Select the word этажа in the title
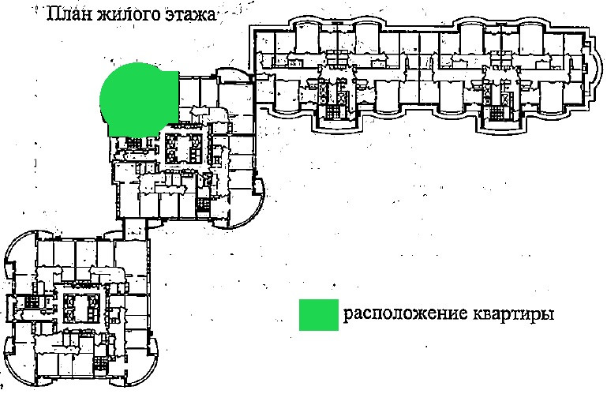(x=189, y=14)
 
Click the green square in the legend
(x=317, y=313)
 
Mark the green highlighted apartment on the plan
(x=138, y=99)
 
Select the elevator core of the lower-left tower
(x=81, y=305)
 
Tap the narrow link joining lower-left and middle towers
(x=136, y=228)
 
